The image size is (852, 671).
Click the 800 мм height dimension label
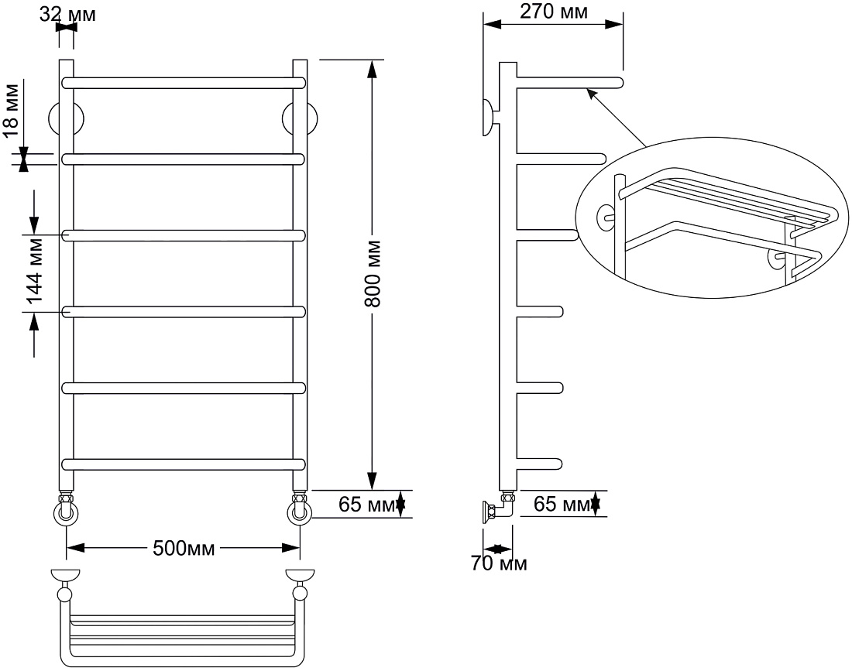click(373, 273)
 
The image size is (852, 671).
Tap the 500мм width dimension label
click(184, 548)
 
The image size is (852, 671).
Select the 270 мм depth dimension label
click(554, 11)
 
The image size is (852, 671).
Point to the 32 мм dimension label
click(67, 15)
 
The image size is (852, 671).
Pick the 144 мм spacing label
click(34, 273)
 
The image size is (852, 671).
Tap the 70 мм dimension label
click(499, 563)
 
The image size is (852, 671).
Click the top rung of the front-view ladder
click(183, 83)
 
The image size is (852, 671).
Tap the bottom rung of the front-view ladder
click(183, 464)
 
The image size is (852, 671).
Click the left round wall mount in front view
click(66, 118)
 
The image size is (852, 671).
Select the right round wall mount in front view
click(300, 118)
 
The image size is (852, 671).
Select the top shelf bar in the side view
click(569, 83)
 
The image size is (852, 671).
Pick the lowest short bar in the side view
click(539, 464)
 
